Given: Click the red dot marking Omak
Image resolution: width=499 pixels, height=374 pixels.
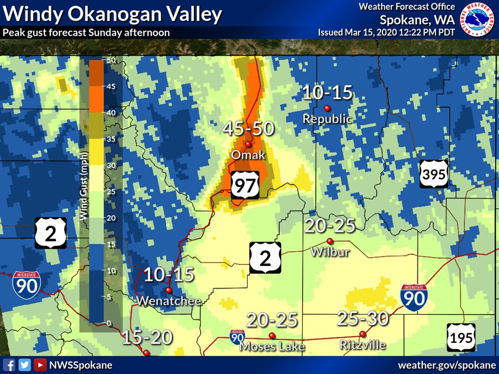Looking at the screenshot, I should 248,144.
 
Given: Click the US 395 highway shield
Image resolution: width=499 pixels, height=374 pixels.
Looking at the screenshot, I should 434,174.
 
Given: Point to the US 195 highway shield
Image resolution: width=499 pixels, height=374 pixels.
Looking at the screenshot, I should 461,338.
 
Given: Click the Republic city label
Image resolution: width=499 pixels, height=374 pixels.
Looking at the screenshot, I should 327,119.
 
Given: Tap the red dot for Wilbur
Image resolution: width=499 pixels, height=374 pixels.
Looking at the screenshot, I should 330,241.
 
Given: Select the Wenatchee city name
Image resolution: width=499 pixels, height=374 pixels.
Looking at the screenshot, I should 168,301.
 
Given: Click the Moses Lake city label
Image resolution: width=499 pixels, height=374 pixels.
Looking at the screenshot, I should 272,346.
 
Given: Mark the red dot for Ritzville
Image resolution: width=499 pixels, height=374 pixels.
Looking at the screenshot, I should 362,333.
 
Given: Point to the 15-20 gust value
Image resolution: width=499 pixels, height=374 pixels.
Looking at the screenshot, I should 147,338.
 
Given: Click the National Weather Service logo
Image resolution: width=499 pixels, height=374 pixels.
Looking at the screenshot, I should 479,19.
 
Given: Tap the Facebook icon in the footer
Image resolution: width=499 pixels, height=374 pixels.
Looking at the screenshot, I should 9,365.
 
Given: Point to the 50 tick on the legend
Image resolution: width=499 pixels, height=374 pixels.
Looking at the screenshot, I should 110,60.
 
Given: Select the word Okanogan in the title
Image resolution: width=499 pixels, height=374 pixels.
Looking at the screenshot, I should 106,14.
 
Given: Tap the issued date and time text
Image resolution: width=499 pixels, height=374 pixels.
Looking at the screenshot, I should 387,32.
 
